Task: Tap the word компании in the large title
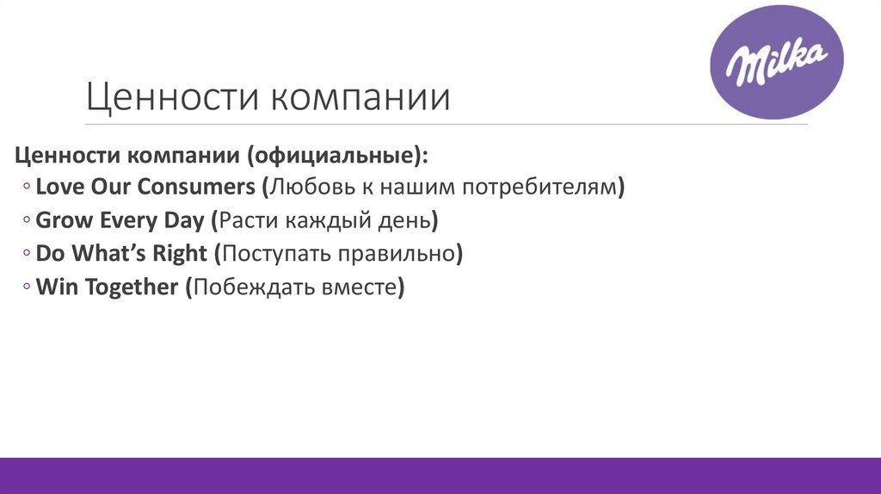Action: [361, 97]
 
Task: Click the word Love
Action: [60, 186]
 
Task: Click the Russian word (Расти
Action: [246, 220]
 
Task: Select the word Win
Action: [56, 287]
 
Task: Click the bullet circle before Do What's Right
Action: [28, 255]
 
